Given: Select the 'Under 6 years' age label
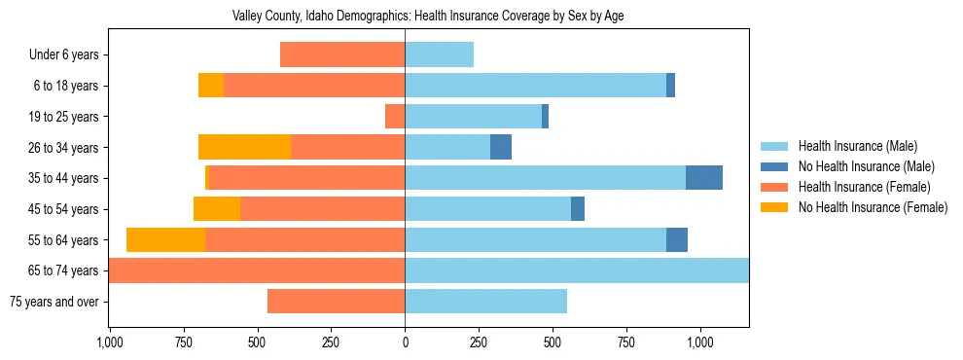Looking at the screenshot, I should pyautogui.click(x=64, y=55).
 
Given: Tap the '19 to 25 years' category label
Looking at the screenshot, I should pyautogui.click(x=63, y=117).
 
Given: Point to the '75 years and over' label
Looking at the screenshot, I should pyautogui.click(x=53, y=302).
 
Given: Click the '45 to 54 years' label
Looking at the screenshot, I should pyautogui.click(x=63, y=209).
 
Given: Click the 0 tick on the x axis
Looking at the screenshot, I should pyautogui.click(x=405, y=342).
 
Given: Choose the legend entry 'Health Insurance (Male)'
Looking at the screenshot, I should pyautogui.click(x=857, y=146).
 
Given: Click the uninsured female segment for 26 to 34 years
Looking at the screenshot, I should pyautogui.click(x=244, y=147).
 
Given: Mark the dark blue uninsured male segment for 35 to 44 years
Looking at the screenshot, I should pyautogui.click(x=704, y=178).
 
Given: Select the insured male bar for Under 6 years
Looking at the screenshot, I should pyautogui.click(x=439, y=55).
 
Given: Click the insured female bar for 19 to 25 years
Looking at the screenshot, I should pyautogui.click(x=395, y=117).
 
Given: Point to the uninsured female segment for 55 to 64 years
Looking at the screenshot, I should pyautogui.click(x=165, y=239).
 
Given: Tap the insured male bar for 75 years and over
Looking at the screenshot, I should pyautogui.click(x=485, y=302).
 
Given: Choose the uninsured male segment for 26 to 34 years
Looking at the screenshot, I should pyautogui.click(x=501, y=147).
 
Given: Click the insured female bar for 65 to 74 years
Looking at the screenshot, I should pyautogui.click(x=257, y=270).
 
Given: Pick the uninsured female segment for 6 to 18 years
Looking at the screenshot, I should pyautogui.click(x=211, y=86).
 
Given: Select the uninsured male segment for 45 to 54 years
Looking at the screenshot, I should pyautogui.click(x=578, y=209).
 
